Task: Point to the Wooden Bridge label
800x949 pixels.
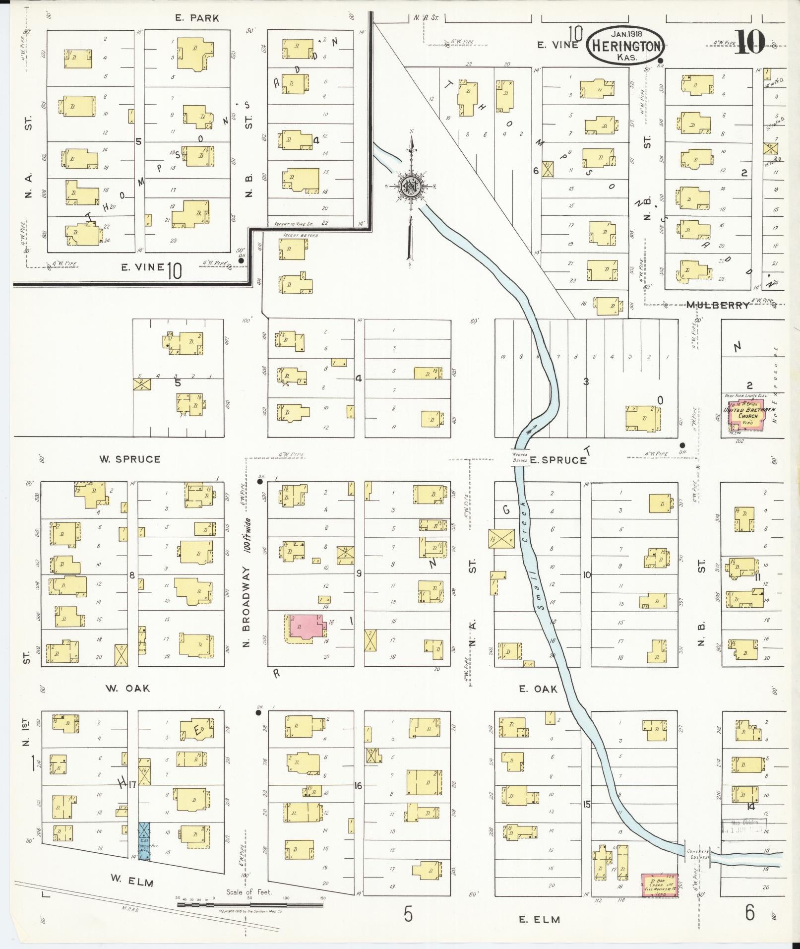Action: [520, 457]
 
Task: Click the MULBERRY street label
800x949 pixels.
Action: [718, 305]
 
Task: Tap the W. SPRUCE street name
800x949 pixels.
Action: [130, 459]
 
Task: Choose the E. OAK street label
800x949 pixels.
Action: [538, 689]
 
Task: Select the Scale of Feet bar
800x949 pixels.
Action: [250, 904]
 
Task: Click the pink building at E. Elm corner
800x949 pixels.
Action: [660, 885]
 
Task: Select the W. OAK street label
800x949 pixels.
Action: [127, 688]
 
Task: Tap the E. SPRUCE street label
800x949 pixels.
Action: [557, 460]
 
